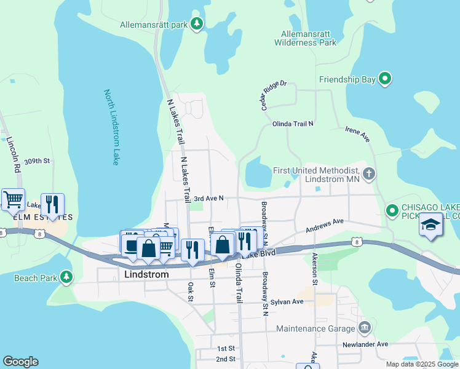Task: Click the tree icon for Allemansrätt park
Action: tap(197, 24)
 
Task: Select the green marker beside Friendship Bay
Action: tap(385, 79)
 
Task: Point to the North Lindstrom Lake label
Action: tap(111, 127)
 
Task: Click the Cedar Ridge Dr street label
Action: tap(274, 95)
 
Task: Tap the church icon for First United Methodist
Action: tap(369, 174)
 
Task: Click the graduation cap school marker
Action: tap(431, 226)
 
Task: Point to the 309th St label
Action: tap(38, 161)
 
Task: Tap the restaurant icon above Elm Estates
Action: tap(52, 205)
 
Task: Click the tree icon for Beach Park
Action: tap(66, 278)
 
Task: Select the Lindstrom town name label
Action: tap(146, 274)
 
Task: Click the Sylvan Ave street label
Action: tap(289, 301)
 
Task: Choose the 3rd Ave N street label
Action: tap(208, 199)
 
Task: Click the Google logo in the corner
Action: tap(20, 362)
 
